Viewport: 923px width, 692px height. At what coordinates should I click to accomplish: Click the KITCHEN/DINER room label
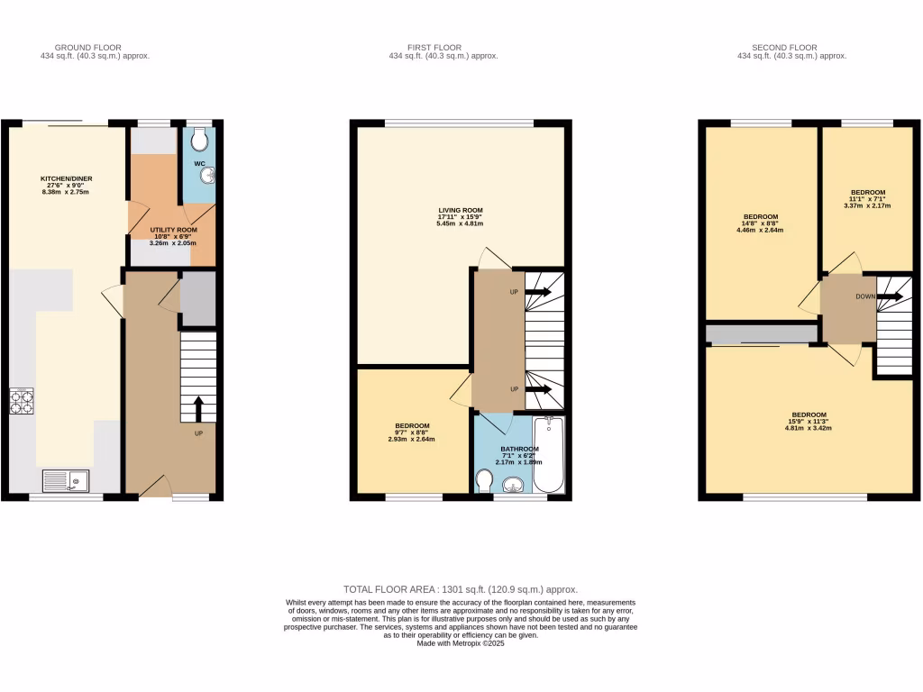(66, 178)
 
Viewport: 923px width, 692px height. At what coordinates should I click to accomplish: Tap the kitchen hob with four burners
(22, 401)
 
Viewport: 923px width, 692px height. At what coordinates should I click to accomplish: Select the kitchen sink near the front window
(65, 481)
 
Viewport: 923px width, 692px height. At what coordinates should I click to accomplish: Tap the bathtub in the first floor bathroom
(548, 455)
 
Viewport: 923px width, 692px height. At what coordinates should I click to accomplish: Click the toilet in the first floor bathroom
(483, 480)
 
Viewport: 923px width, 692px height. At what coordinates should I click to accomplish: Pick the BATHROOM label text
(520, 449)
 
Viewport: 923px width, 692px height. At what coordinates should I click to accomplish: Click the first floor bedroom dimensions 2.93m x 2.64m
(411, 440)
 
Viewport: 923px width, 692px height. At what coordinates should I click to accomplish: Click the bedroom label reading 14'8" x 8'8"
(761, 223)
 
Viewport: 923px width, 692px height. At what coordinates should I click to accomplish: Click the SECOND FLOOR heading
(784, 48)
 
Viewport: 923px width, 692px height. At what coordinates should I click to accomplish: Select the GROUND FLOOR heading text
(88, 48)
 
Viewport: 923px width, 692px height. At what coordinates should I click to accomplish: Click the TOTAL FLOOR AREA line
(461, 588)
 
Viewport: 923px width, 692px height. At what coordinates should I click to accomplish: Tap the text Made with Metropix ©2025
(461, 644)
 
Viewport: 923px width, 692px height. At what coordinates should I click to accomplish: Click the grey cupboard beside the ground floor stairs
(197, 298)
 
